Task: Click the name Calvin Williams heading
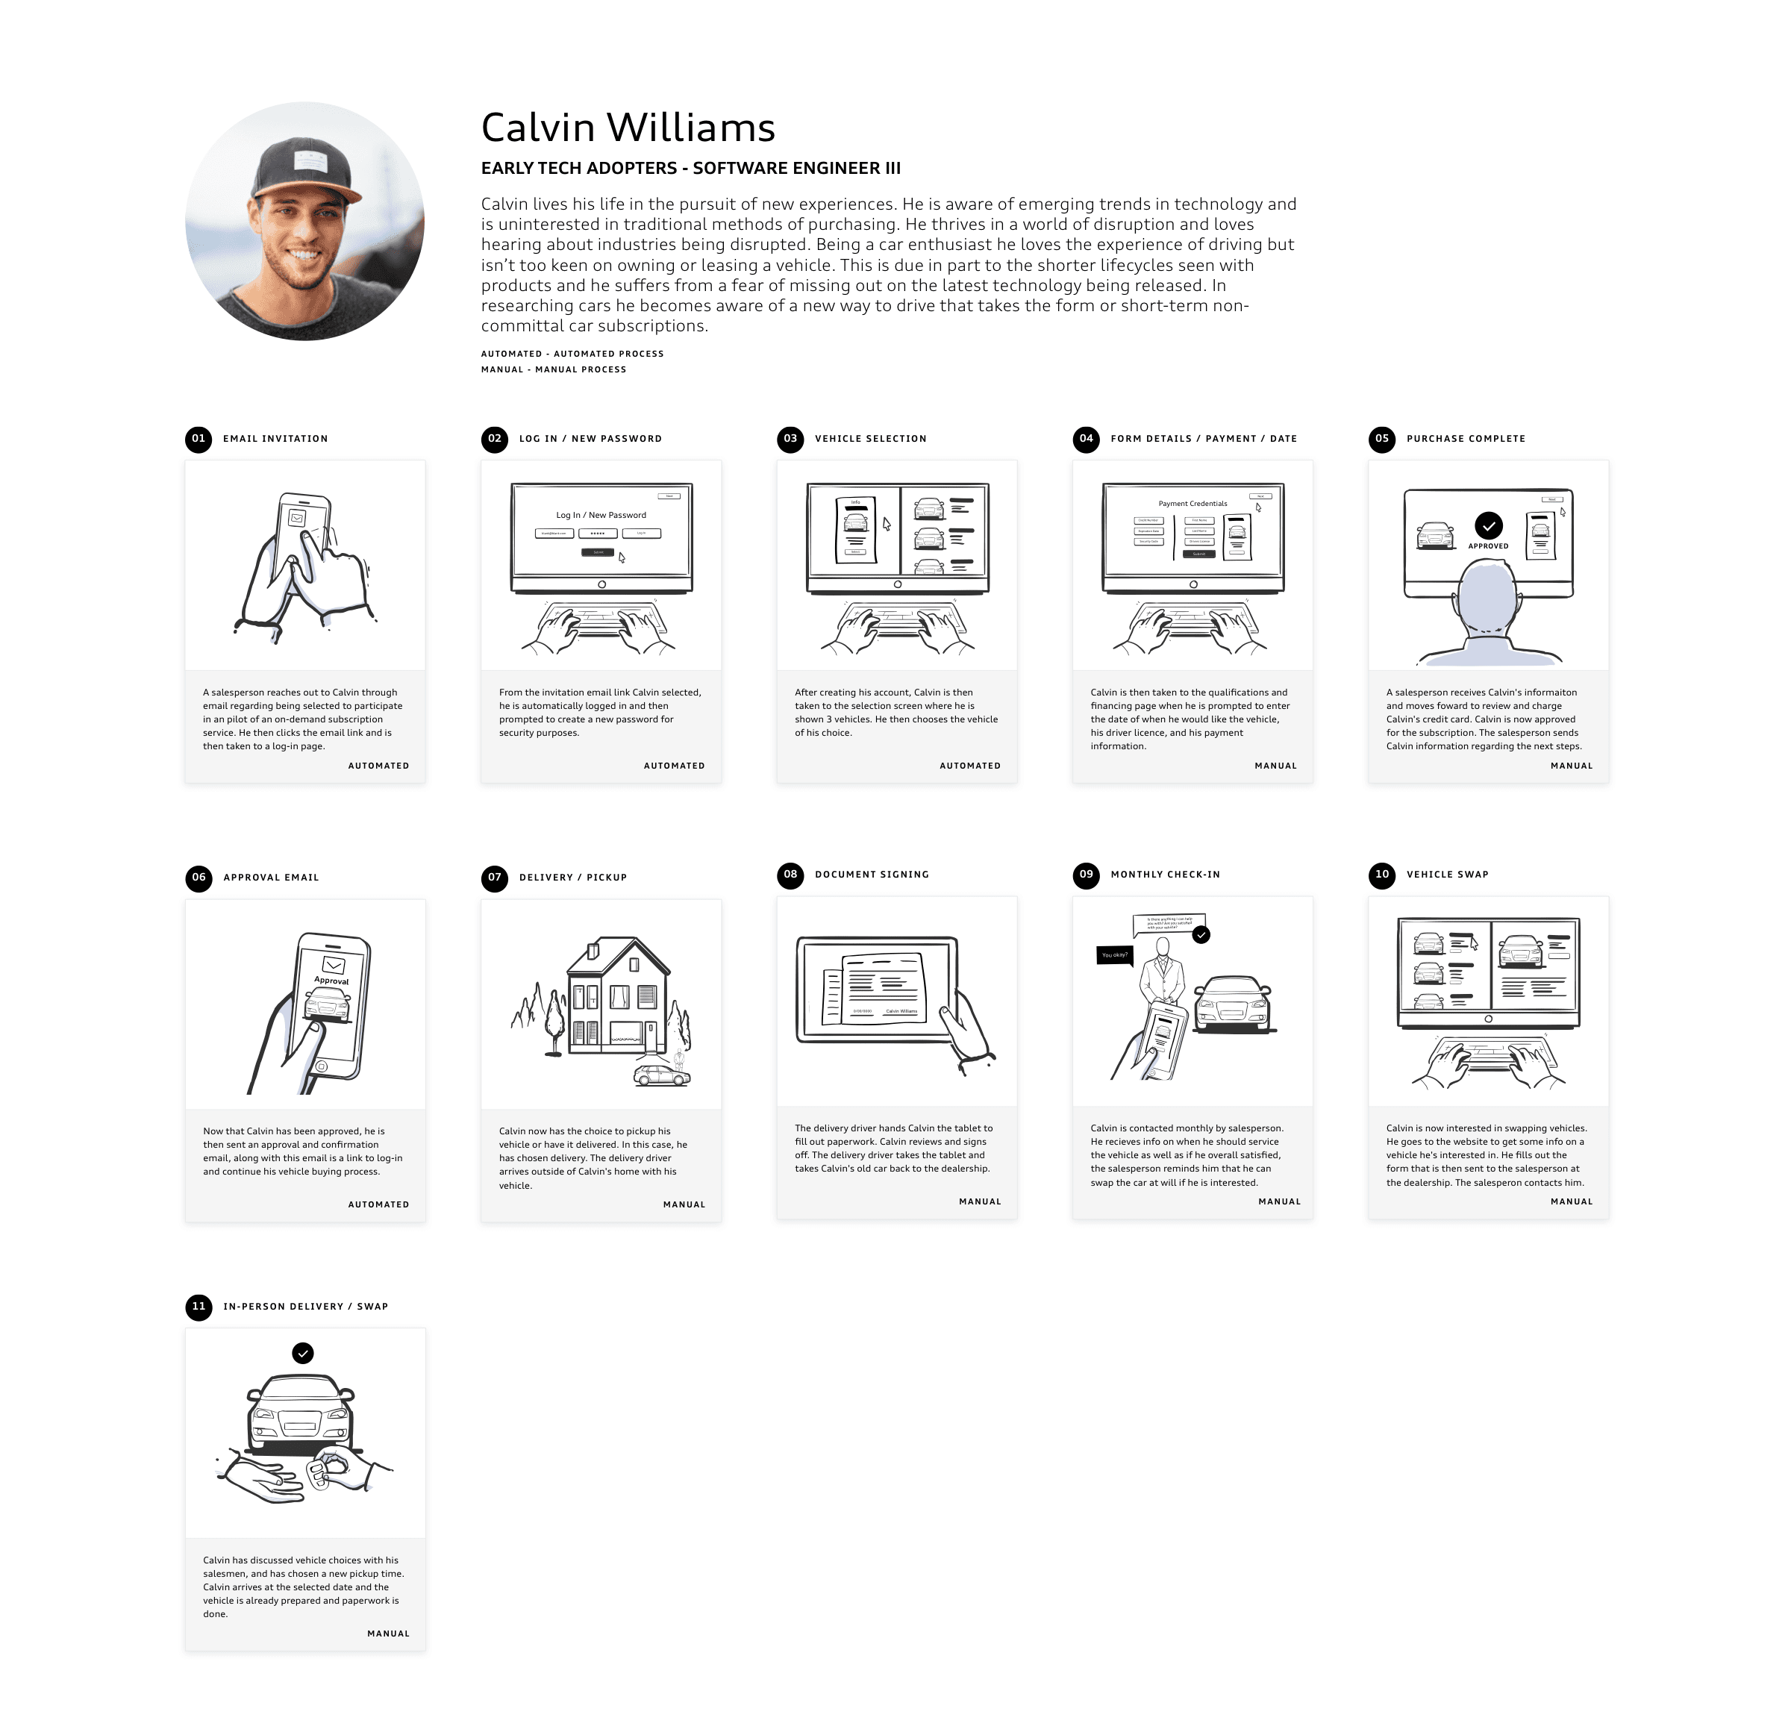(628, 128)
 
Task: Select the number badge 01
(199, 440)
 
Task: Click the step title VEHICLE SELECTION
(870, 440)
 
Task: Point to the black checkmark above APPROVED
(1489, 525)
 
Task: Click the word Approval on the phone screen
(331, 981)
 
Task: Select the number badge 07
(494, 878)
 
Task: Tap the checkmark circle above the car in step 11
(302, 1353)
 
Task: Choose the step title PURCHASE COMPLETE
(1466, 440)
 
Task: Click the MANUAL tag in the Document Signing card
(980, 1202)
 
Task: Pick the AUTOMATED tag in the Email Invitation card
(378, 766)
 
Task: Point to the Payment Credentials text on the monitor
(1193, 504)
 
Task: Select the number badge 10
(1381, 875)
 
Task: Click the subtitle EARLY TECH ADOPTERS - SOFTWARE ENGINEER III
(691, 168)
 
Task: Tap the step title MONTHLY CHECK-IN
(1165, 875)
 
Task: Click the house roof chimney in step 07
(594, 951)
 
